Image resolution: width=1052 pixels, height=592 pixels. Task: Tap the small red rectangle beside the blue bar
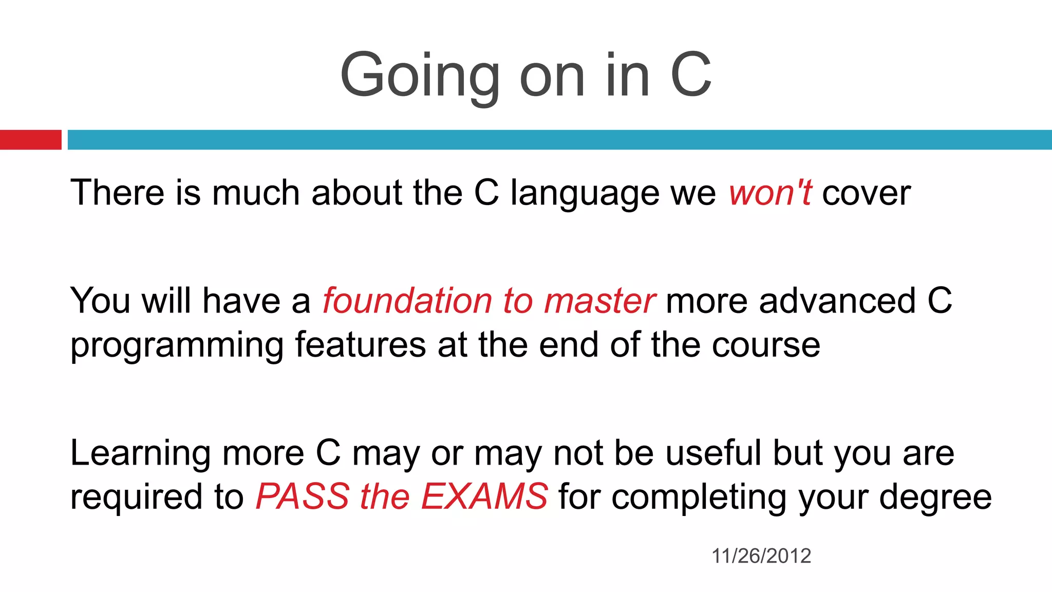[x=30, y=140]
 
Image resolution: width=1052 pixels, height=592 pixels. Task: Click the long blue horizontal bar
[x=559, y=140]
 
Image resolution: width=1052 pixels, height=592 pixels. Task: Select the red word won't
[x=770, y=193]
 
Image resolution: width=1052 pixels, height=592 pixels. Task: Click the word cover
[x=866, y=193]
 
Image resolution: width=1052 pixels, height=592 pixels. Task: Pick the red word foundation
[x=407, y=301]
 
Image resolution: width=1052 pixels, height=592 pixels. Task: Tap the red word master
[x=599, y=301]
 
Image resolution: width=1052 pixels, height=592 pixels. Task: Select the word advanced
[x=837, y=301]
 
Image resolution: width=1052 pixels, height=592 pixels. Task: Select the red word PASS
[x=303, y=496]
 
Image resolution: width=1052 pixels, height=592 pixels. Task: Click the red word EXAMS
[x=484, y=496]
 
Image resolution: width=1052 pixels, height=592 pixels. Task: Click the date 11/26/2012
[x=761, y=556]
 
